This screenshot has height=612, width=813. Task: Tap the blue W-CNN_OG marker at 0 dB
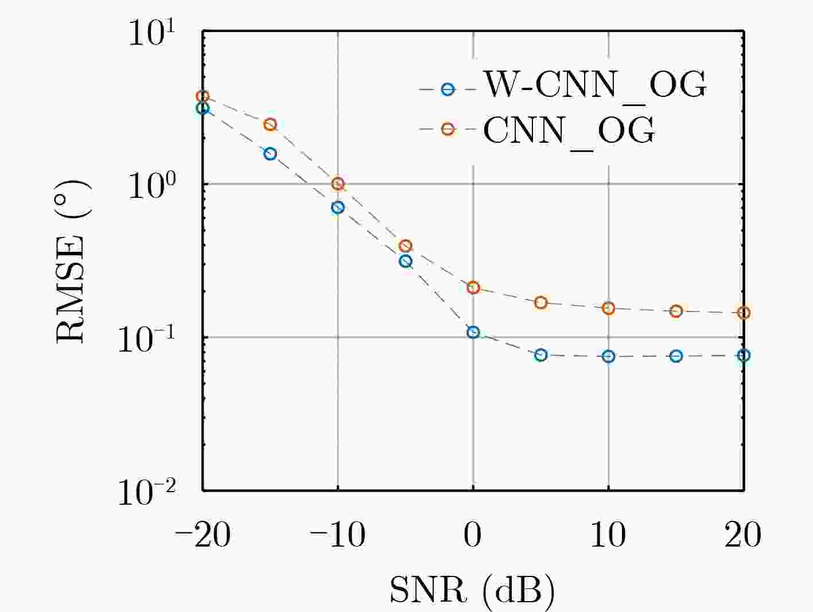pyautogui.click(x=473, y=332)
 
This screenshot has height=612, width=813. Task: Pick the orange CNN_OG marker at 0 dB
pyautogui.click(x=473, y=288)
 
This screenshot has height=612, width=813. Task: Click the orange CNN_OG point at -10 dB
pyautogui.click(x=338, y=184)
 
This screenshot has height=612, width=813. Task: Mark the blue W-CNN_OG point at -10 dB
pyautogui.click(x=338, y=207)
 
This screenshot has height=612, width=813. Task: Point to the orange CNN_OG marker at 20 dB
pyautogui.click(x=744, y=313)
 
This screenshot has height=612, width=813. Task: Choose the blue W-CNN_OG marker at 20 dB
pyautogui.click(x=744, y=356)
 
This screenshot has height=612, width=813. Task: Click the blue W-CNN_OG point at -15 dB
pyautogui.click(x=270, y=154)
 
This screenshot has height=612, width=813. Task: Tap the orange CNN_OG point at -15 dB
pyautogui.click(x=270, y=124)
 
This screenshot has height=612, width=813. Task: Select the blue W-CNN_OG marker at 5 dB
pyautogui.click(x=540, y=355)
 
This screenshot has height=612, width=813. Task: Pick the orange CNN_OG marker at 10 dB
pyautogui.click(x=608, y=308)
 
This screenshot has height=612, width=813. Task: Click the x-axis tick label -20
pyautogui.click(x=203, y=535)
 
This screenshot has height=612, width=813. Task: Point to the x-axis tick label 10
pyautogui.click(x=608, y=535)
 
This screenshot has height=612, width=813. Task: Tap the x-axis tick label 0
pyautogui.click(x=473, y=535)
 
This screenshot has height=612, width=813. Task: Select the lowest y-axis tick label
pyautogui.click(x=147, y=492)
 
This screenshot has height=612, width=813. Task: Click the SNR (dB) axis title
pyautogui.click(x=472, y=590)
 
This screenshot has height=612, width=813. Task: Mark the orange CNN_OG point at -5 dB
pyautogui.click(x=406, y=246)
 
